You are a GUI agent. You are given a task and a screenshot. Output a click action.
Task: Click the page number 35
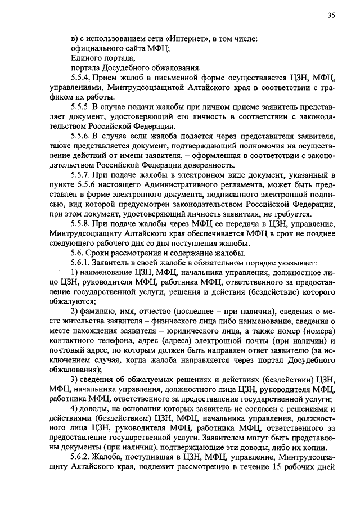coord(331,16)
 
